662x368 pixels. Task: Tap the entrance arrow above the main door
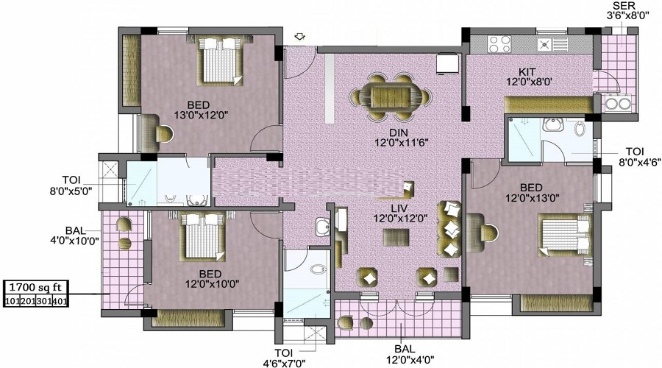point(300,38)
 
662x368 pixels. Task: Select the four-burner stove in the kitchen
point(499,44)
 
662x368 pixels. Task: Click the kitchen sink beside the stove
point(552,44)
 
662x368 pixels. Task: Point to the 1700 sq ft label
point(35,288)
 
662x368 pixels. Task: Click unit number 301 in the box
point(43,301)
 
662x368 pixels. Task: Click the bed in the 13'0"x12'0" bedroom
point(219,60)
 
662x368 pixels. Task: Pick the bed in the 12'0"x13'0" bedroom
point(564,236)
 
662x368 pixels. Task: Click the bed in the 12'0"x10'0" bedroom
point(202,237)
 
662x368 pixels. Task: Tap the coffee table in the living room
point(396,238)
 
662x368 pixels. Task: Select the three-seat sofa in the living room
point(449,229)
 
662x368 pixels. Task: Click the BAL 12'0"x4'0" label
point(410,355)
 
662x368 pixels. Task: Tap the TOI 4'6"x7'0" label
point(284,358)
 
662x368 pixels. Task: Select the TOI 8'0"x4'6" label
point(638,156)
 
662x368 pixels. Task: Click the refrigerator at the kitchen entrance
point(448,63)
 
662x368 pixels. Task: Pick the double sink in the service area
point(617,103)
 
